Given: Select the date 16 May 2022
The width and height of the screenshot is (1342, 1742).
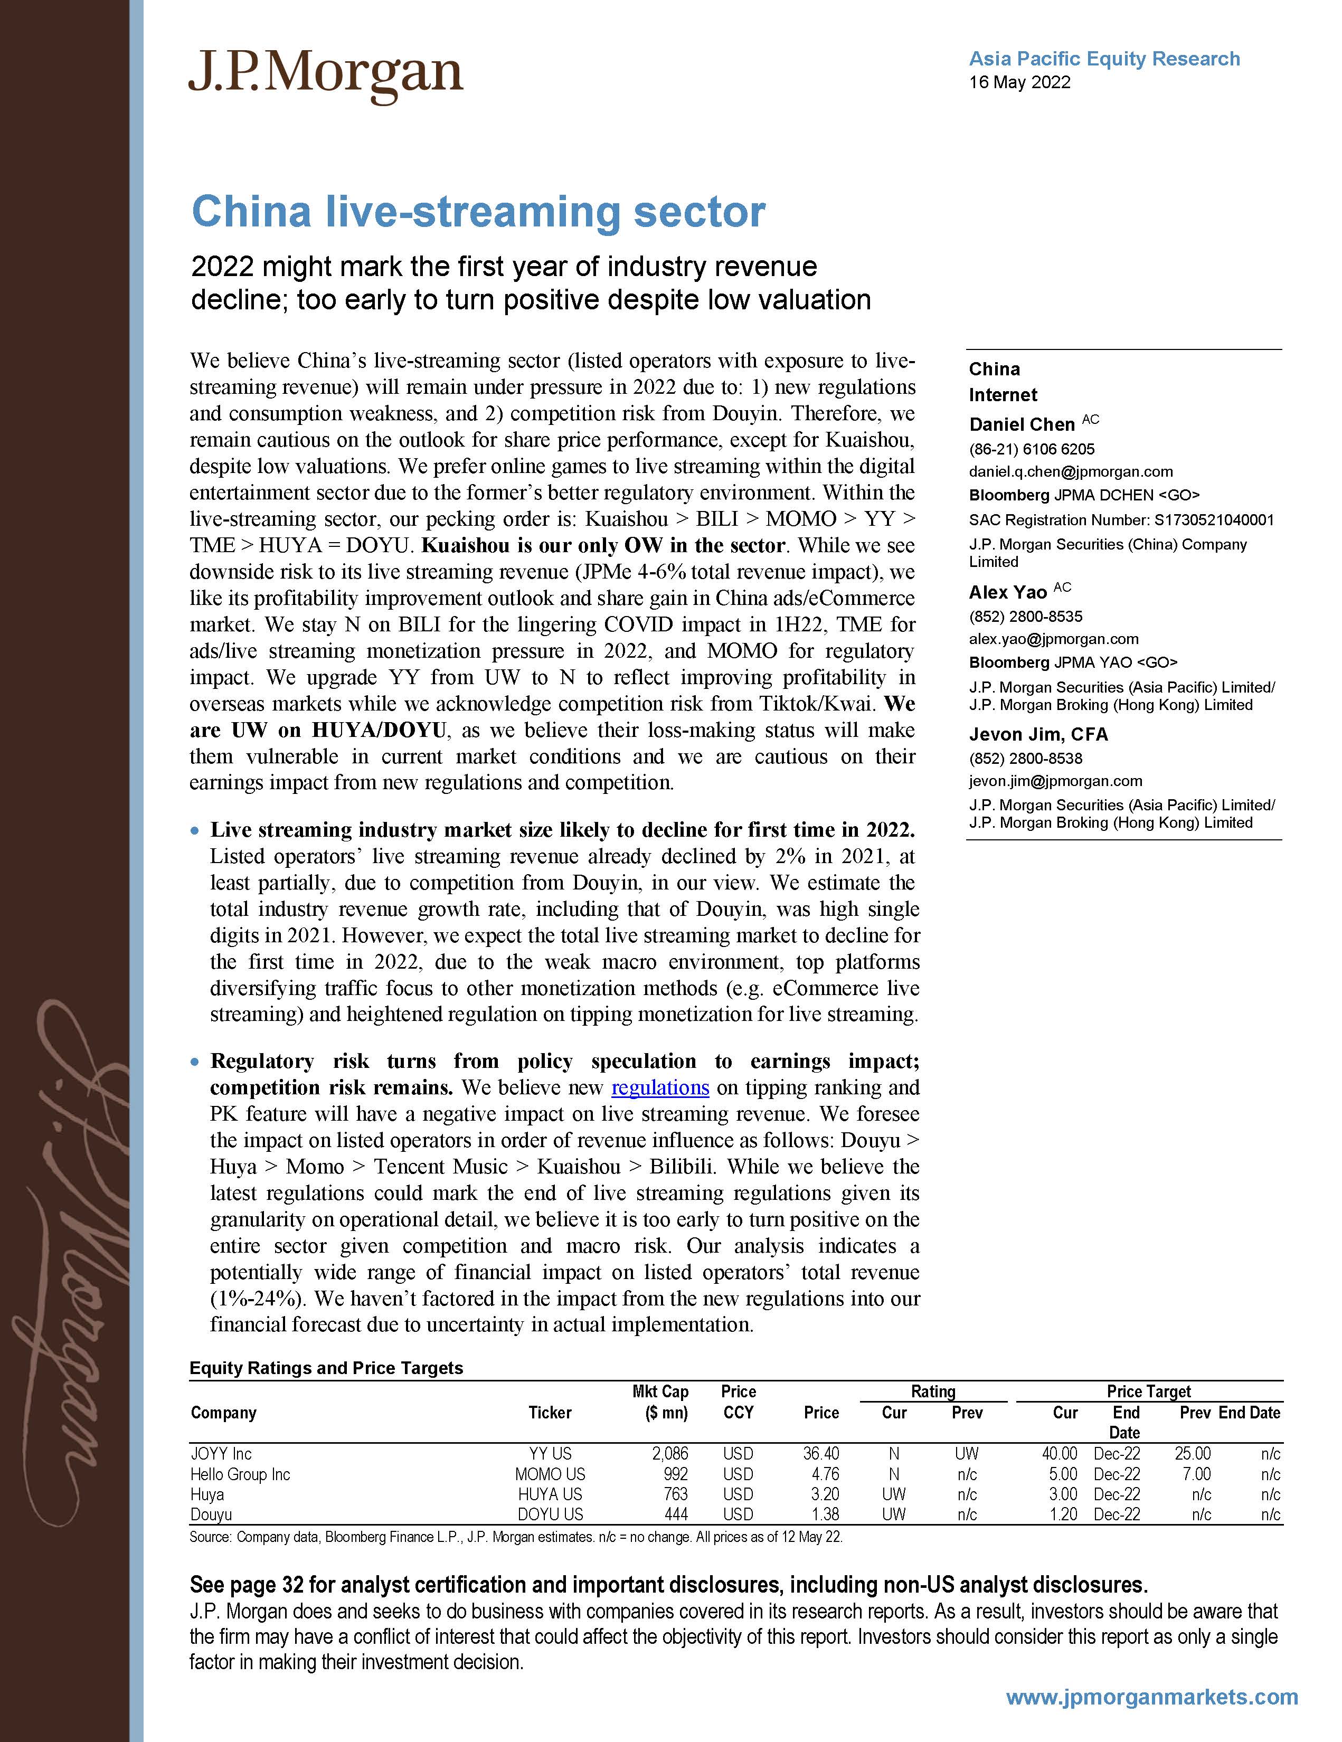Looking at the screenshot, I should click(1019, 82).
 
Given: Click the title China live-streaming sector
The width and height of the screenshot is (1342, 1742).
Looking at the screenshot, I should click(478, 212).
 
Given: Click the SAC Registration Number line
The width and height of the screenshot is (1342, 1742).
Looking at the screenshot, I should click(1120, 520).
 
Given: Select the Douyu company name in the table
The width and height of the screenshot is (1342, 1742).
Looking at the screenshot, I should click(211, 1514).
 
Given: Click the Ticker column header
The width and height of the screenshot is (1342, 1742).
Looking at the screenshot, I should click(550, 1413).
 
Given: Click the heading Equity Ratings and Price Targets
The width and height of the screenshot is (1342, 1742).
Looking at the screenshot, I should click(326, 1368).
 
